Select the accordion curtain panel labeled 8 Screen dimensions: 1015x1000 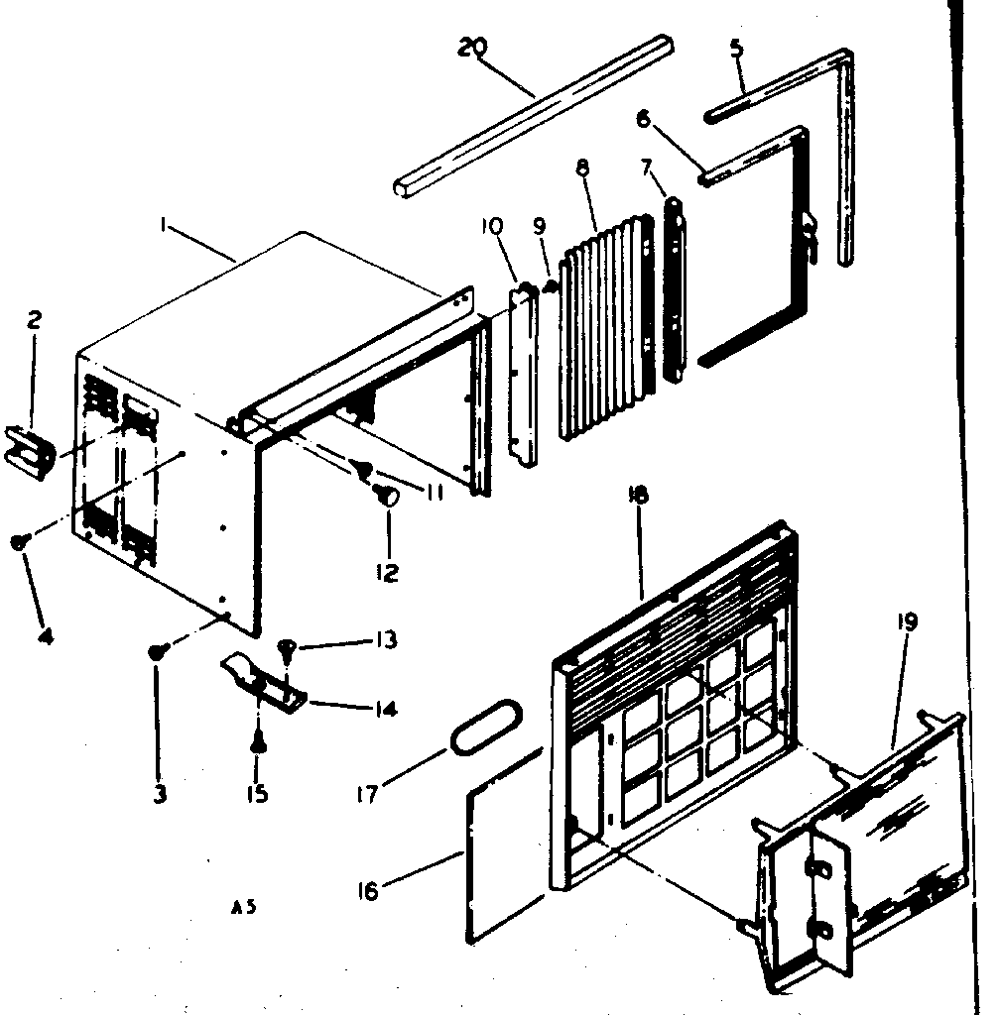605,332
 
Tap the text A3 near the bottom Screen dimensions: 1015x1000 239,905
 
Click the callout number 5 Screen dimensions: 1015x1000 736,50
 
